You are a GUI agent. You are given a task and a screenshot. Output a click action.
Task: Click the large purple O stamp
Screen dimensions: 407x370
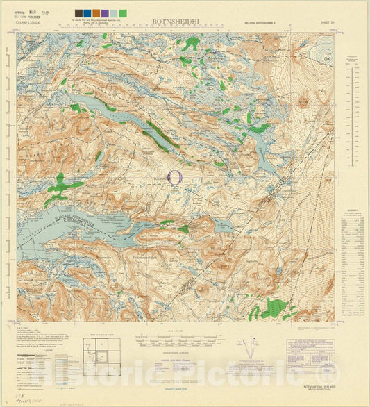tap(175, 177)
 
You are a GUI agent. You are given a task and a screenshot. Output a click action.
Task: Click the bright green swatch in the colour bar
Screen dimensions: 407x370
tap(123, 13)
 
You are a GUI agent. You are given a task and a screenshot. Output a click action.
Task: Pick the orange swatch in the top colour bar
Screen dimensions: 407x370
tap(96, 13)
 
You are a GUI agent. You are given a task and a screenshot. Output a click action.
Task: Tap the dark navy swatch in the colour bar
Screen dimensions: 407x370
tap(78, 13)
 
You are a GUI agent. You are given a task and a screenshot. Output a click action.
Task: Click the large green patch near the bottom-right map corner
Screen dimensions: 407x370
tap(274, 308)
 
